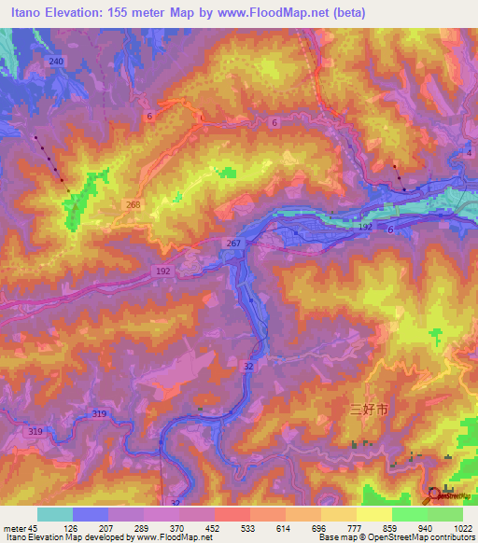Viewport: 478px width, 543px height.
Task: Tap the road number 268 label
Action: click(x=134, y=203)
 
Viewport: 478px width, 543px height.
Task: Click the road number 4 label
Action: click(x=471, y=151)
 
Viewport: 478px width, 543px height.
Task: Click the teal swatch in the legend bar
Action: click(x=54, y=514)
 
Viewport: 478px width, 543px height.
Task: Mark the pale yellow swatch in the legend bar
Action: click(x=373, y=514)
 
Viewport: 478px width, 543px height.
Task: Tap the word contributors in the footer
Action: click(x=450, y=537)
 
